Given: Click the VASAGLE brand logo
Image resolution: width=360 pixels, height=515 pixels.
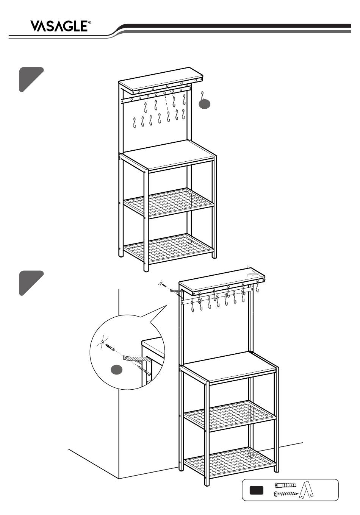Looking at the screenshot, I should [60, 27].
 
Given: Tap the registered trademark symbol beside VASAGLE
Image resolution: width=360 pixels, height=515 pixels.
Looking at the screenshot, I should [90, 23].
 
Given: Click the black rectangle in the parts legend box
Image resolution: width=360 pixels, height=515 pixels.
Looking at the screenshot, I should [257, 490].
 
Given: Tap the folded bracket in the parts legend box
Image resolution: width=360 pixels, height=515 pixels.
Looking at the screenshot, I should [307, 490].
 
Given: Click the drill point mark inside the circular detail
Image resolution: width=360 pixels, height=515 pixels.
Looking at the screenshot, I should [102, 343].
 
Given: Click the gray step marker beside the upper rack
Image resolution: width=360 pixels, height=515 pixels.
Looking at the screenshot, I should [31, 79].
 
